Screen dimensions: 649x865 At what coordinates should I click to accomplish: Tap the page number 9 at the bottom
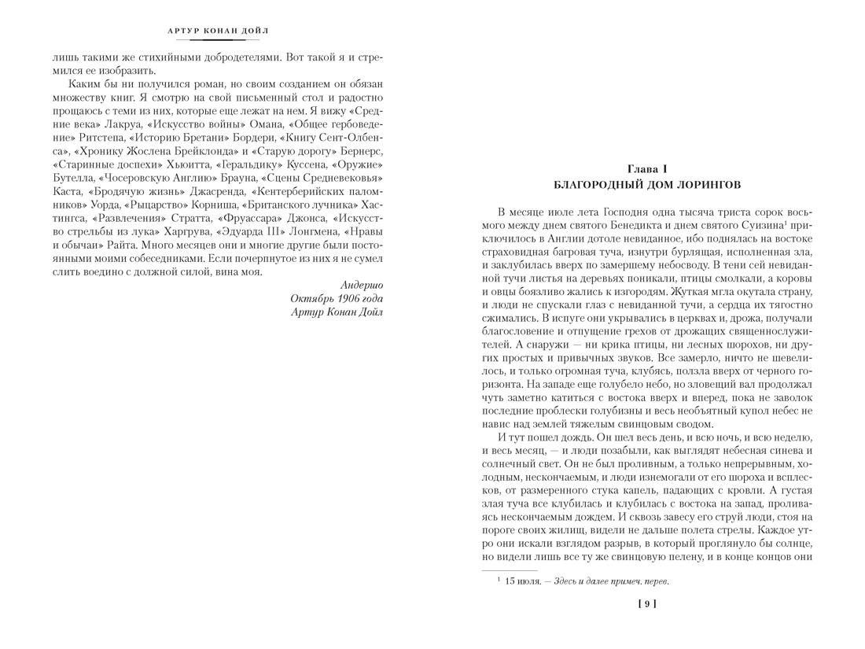646,604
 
